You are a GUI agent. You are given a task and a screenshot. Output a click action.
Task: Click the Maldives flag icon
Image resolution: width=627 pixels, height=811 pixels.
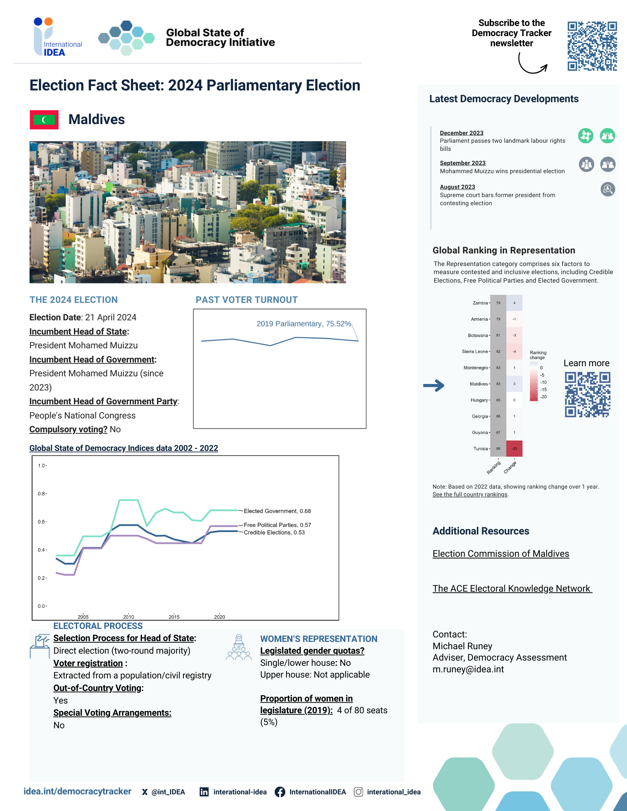44,120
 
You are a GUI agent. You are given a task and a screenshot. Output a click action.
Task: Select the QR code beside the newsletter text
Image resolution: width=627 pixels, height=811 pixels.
592,46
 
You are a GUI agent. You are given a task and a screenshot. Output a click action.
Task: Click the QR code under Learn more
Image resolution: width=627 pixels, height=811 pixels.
587,395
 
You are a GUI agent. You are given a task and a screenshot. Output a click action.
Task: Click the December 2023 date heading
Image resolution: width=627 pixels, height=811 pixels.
461,133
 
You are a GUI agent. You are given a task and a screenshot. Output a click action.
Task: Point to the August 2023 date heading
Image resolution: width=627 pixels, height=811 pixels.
457,187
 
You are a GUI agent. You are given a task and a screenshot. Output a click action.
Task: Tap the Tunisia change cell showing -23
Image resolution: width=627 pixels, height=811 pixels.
514,448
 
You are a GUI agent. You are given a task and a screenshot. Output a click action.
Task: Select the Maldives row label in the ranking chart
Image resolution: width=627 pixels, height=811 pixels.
479,384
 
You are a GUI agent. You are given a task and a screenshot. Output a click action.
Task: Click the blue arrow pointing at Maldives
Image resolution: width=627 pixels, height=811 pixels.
434,385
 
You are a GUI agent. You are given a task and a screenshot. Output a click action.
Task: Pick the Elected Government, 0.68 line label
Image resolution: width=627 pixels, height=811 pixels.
277,511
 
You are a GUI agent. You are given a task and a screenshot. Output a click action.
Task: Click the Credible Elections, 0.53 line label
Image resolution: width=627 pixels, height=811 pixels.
274,532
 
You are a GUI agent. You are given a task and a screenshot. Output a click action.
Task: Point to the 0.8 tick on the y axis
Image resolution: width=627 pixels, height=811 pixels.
41,493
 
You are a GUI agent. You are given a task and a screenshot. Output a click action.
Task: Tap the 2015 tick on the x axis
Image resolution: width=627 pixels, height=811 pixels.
174,617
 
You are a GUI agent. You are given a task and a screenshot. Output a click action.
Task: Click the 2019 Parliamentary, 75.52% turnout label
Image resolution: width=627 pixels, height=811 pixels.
304,324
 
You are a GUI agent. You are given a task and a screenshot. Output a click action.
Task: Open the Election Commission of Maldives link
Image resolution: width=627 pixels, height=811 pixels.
501,554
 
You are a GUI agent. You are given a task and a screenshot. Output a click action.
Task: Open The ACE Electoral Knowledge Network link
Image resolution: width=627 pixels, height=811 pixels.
512,588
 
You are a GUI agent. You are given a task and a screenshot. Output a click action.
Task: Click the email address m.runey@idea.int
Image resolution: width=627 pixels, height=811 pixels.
468,669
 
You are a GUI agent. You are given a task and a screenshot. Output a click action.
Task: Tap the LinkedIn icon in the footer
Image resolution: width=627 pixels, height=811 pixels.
204,792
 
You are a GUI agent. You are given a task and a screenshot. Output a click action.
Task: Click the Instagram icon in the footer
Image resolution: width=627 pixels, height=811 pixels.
358,792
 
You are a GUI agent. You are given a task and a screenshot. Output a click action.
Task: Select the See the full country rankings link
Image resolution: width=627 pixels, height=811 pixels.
470,494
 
